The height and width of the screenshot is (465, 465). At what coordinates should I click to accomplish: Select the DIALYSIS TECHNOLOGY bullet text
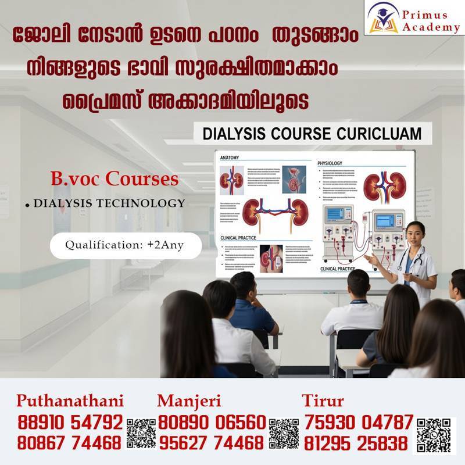point(109,203)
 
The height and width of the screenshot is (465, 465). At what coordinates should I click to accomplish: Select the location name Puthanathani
point(70,401)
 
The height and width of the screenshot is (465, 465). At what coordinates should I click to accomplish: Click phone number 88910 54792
point(70,422)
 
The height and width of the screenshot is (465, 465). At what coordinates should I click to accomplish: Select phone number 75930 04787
point(357,422)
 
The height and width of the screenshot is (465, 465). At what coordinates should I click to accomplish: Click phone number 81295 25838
point(355,443)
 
